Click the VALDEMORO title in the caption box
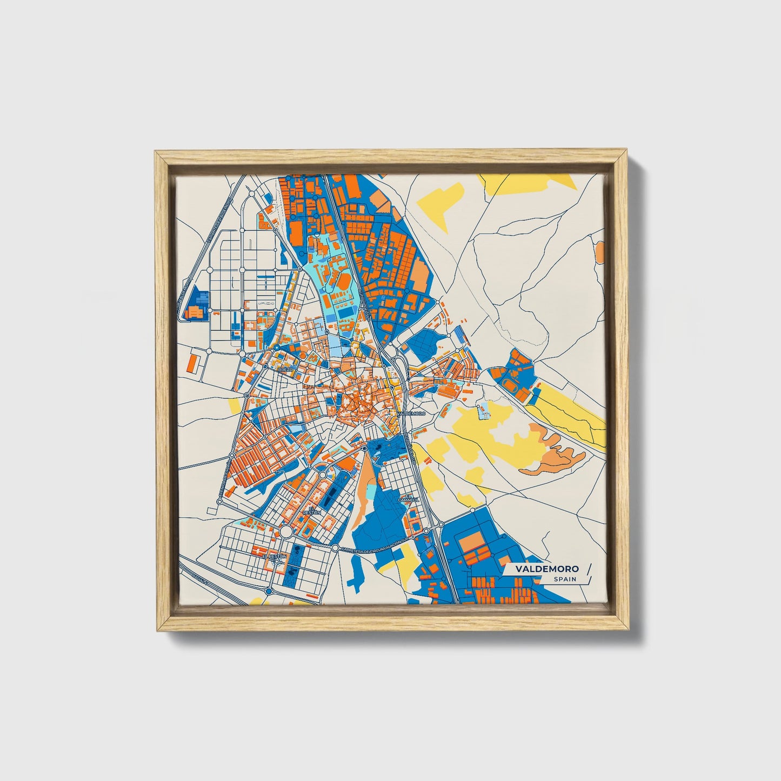tap(546, 569)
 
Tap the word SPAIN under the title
tap(564, 579)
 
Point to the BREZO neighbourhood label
tap(285, 369)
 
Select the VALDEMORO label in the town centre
tap(412, 413)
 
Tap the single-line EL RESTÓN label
tap(274, 555)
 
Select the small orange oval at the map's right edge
tap(599, 251)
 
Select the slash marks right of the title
tap(588, 573)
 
